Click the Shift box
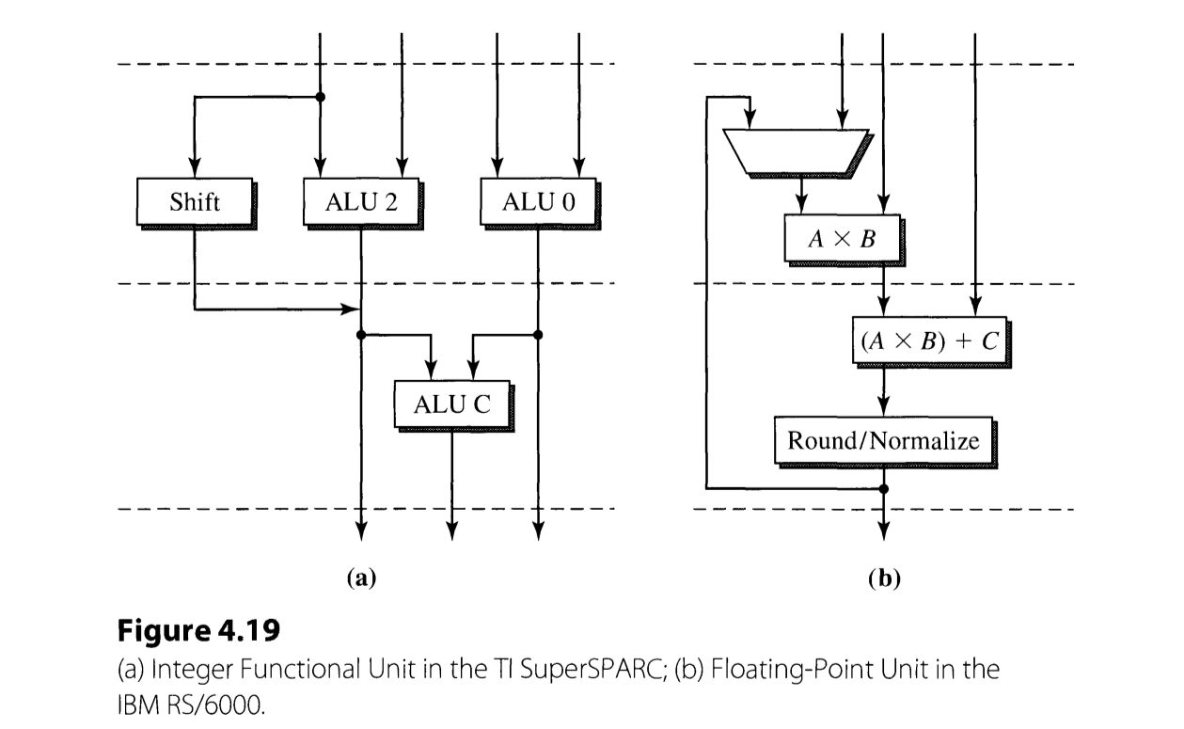point(195,201)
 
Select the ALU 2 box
point(362,201)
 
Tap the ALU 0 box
point(538,201)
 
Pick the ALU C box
point(451,404)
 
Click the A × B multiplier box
point(842,239)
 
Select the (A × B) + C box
point(926,342)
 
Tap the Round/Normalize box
point(882,440)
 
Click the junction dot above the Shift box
point(321,97)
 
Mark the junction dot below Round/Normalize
point(883,488)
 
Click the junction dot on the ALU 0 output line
point(538,334)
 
